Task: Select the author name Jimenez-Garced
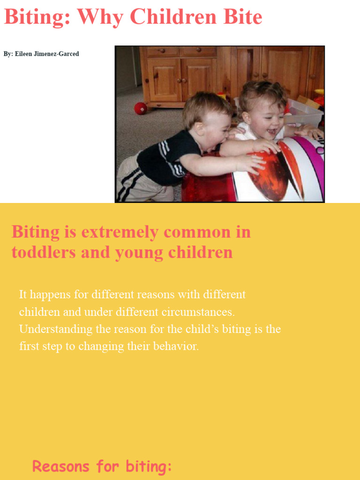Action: click(x=56, y=54)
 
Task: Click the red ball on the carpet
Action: click(x=141, y=108)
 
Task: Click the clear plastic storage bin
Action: click(x=305, y=112)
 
